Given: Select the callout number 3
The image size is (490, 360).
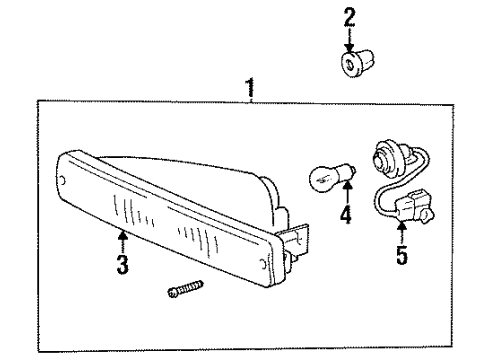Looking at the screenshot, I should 122,266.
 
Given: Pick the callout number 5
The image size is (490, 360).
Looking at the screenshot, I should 401,255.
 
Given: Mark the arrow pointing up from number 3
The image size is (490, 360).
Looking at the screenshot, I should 122,241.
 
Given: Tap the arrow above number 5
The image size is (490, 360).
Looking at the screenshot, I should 401,232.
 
